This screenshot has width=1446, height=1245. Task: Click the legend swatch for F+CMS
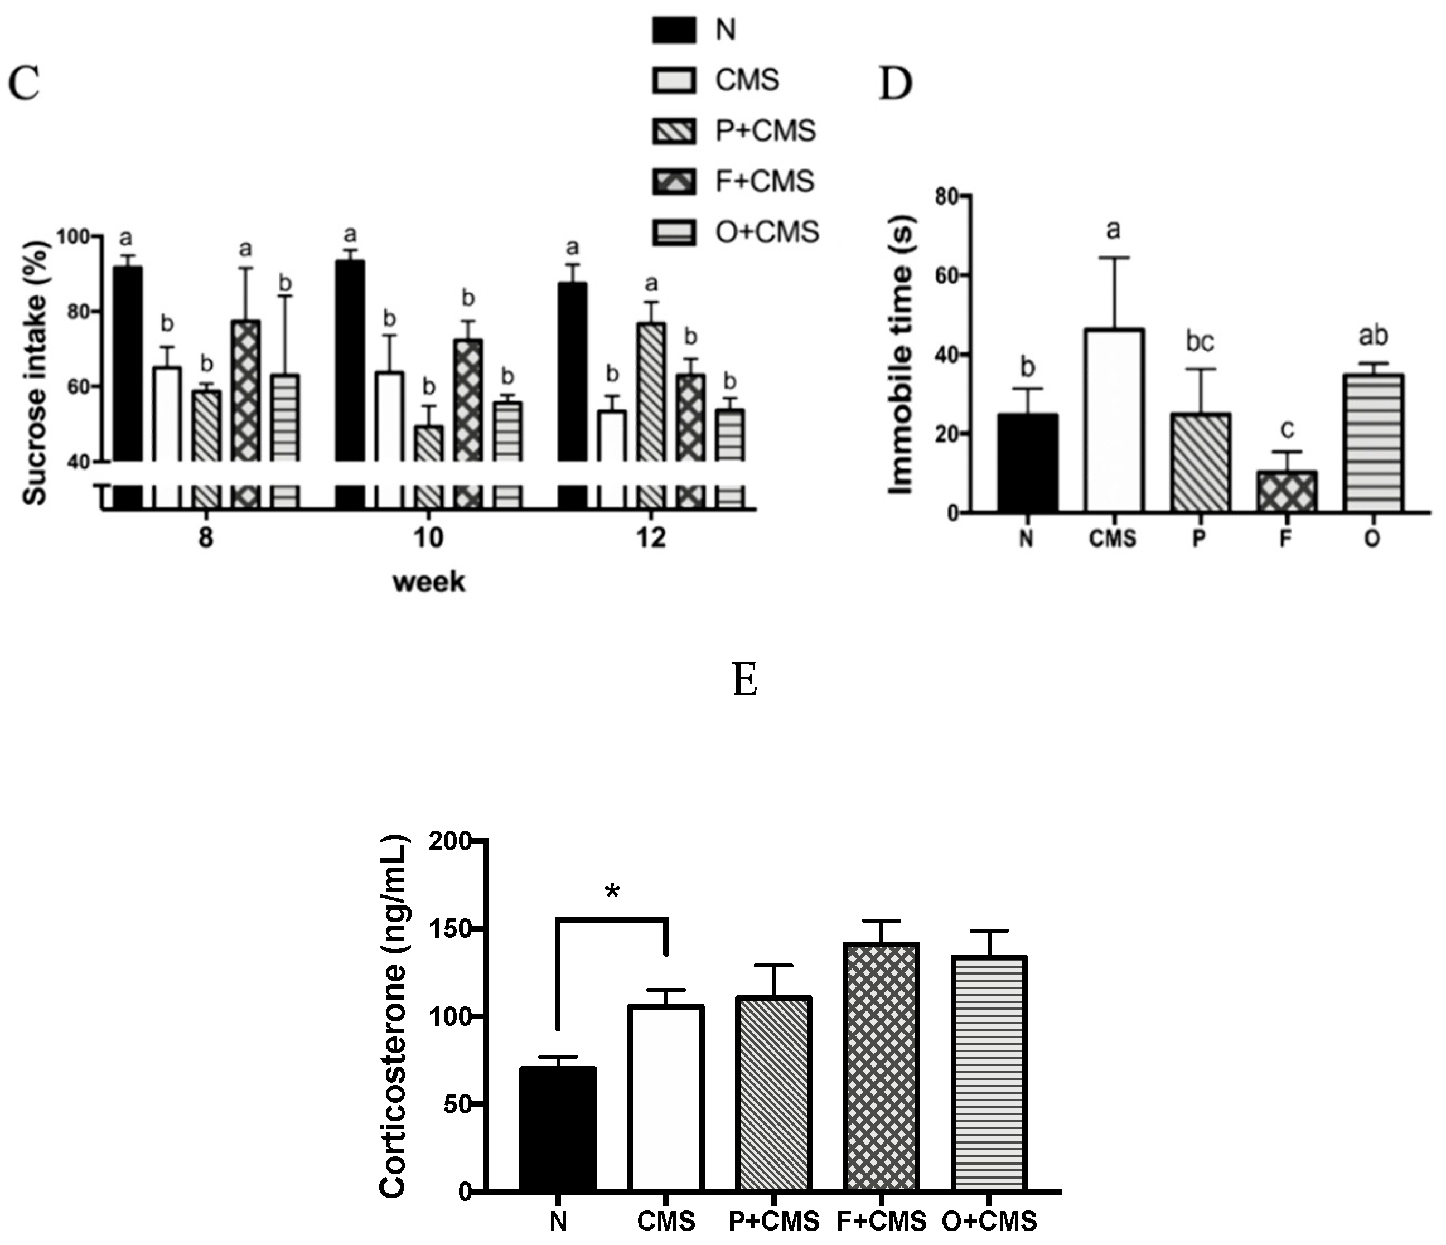tap(674, 181)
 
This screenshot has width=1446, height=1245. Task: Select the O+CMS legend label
tap(766, 232)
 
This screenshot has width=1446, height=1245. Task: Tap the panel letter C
tap(24, 84)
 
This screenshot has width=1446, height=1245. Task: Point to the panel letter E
tap(744, 679)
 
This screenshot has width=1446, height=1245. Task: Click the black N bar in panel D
tap(1027, 463)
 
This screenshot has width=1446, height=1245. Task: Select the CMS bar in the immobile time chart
tap(1113, 420)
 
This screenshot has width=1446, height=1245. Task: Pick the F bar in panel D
tap(1286, 492)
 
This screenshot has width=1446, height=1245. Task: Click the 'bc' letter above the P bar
tap(1200, 342)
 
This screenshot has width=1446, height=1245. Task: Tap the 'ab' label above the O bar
tap(1373, 336)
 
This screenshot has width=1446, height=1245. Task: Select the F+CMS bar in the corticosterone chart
tap(881, 1067)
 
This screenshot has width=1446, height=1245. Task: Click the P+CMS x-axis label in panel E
tap(773, 1220)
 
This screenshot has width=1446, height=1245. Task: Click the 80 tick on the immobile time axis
tap(947, 197)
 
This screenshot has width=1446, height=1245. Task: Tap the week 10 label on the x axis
tap(428, 538)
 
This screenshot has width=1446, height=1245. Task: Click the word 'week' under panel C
tap(428, 582)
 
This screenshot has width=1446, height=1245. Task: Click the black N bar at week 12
tap(572, 372)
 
